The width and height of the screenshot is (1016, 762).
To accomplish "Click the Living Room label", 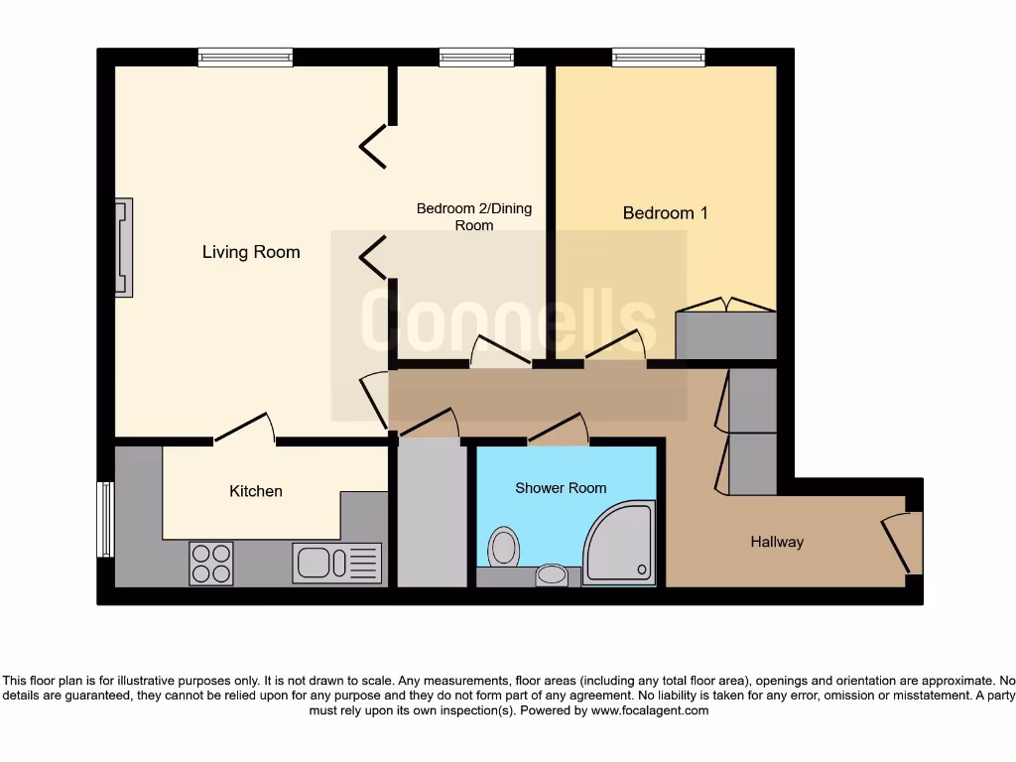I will coord(250,252).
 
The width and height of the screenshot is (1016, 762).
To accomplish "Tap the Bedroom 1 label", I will coord(665,213).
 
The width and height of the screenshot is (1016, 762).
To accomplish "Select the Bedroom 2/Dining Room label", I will coord(473,216).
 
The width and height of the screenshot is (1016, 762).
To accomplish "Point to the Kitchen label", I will coord(256,491).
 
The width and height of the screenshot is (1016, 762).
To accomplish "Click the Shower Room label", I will coord(560,488).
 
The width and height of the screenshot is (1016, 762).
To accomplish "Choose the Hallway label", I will coord(776,542).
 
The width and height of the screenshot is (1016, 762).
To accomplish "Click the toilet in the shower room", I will coord(504,547).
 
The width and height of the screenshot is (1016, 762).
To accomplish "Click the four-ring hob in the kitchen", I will coord(210,564).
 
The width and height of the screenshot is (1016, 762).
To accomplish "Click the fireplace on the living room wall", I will coord(123,248).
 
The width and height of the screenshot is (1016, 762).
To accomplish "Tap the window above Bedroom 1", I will coord(658,58).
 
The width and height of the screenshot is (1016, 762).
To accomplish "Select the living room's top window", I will coord(245,58).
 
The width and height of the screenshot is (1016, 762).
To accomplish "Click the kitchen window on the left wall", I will coord(104,519).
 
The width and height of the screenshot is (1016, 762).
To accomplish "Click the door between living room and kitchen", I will coord(244,429).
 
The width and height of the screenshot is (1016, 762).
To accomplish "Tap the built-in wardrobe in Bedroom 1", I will coord(725,334).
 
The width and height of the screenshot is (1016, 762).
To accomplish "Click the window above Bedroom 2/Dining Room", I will coord(469,58).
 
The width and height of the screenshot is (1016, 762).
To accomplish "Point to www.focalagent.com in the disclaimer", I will coord(651,710).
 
